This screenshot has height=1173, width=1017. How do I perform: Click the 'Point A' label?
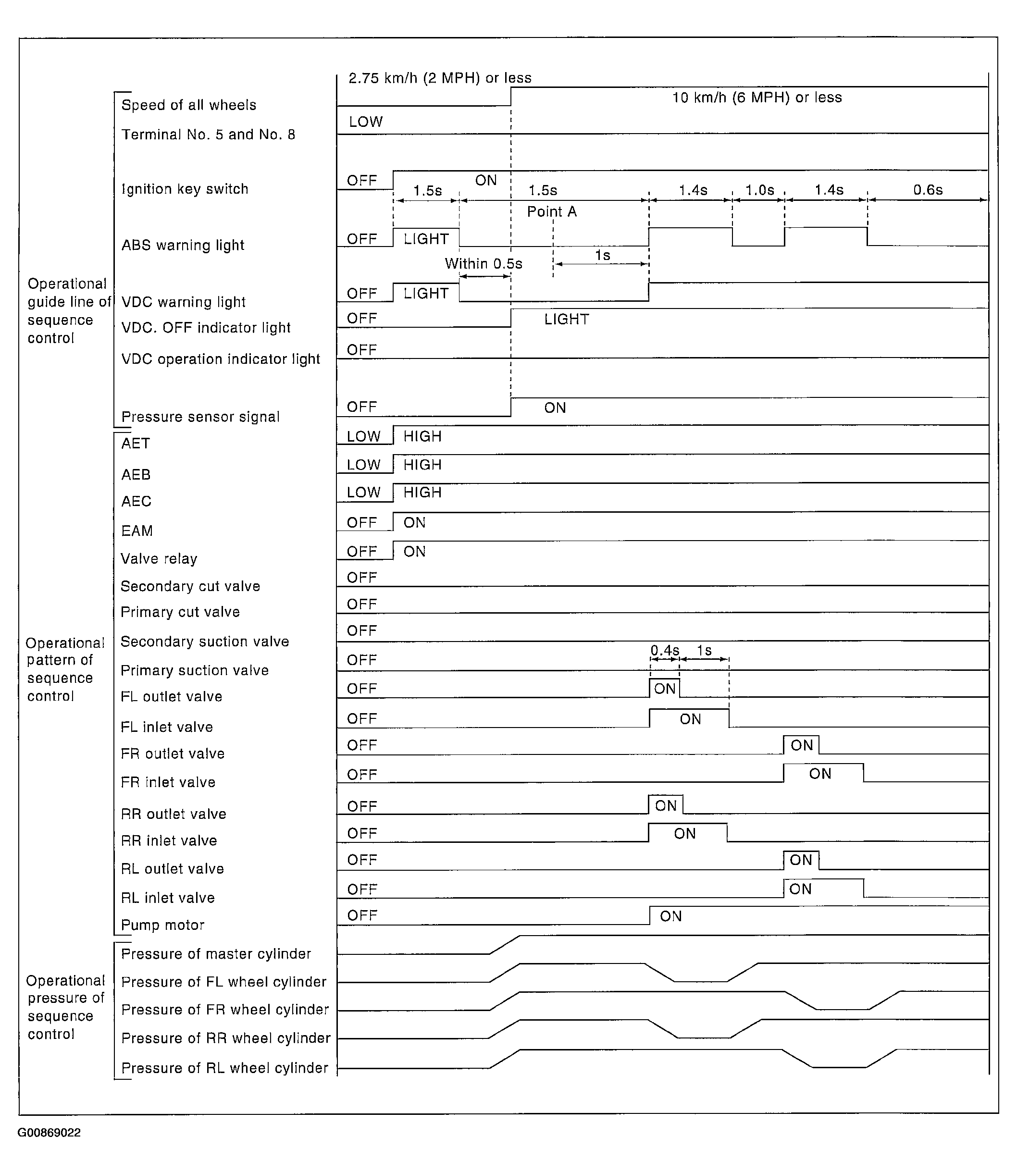pyautogui.click(x=552, y=211)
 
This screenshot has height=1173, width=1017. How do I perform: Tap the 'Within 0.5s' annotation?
pyautogui.click(x=484, y=264)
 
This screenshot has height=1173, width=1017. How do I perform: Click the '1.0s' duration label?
pyautogui.click(x=759, y=190)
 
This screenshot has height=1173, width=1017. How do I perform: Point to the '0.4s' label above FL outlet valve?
pyautogui.click(x=665, y=650)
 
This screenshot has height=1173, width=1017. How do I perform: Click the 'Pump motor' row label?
pyautogui.click(x=162, y=925)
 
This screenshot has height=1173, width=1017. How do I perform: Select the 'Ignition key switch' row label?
pyautogui.click(x=185, y=189)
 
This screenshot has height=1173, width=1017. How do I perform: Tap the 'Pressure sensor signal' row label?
pyautogui.click(x=200, y=417)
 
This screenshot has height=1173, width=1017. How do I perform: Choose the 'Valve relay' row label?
pyautogui.click(x=159, y=559)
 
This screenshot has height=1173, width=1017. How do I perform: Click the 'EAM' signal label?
pyautogui.click(x=137, y=531)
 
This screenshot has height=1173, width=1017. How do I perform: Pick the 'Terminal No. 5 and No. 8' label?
pyautogui.click(x=208, y=135)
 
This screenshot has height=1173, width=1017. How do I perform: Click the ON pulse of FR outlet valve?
pyautogui.click(x=801, y=745)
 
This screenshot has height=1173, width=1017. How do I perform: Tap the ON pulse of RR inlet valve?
pyautogui.click(x=685, y=834)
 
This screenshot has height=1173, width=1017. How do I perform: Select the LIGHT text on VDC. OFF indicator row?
pyautogui.click(x=566, y=320)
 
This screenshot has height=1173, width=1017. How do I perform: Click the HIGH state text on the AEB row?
pyautogui.click(x=422, y=465)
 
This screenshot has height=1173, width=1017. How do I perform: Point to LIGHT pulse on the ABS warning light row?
pyautogui.click(x=426, y=239)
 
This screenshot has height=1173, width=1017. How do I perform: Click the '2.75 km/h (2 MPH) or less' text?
pyautogui.click(x=440, y=78)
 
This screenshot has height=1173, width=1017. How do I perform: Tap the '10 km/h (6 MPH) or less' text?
pyautogui.click(x=757, y=98)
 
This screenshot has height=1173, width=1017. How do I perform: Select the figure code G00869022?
pyautogui.click(x=50, y=1133)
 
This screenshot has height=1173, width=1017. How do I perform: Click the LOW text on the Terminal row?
pyautogui.click(x=365, y=122)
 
